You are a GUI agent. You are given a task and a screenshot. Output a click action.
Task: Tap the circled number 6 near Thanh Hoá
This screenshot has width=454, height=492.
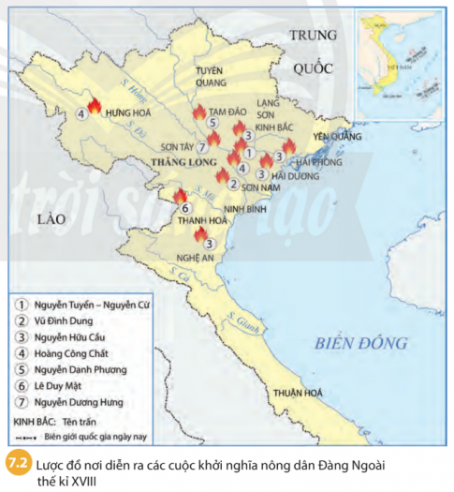(185, 208)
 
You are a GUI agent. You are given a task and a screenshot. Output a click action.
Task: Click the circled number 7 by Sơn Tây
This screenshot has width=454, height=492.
(201, 146)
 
